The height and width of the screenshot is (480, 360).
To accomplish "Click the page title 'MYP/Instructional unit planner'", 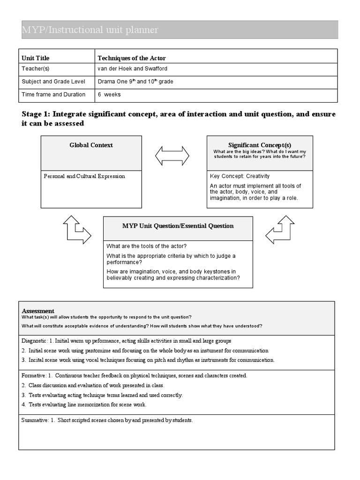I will point(90,30).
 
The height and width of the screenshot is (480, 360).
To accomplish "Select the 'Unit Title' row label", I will point(36,58).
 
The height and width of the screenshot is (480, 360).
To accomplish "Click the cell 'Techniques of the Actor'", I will point(132,58).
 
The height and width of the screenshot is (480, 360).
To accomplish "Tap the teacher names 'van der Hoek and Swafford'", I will point(132,69).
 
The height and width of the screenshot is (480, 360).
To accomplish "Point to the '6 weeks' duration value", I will point(109,95).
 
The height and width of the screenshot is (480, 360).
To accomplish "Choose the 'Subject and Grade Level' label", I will point(53,82).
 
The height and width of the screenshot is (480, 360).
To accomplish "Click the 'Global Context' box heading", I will point(91,145).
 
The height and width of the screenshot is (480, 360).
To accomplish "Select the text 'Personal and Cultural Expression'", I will point(84,177).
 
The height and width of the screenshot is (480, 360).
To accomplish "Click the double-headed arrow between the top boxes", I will point(172,156).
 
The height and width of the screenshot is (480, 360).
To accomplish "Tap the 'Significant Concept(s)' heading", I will point(260,145).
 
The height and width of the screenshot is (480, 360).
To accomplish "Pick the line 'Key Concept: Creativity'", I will point(240,176).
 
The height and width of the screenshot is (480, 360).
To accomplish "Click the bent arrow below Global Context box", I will point(76,230).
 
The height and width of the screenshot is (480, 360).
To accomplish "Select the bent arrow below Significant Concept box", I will point(280,230).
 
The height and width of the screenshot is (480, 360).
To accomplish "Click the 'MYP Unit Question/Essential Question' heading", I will point(178,226).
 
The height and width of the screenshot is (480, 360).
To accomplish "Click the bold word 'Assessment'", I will point(38,311).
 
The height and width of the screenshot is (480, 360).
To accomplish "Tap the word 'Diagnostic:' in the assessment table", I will point(34,341).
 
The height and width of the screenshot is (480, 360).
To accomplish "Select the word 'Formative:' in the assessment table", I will point(34,375).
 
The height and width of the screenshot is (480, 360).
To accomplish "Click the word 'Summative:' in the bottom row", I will point(35,420).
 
